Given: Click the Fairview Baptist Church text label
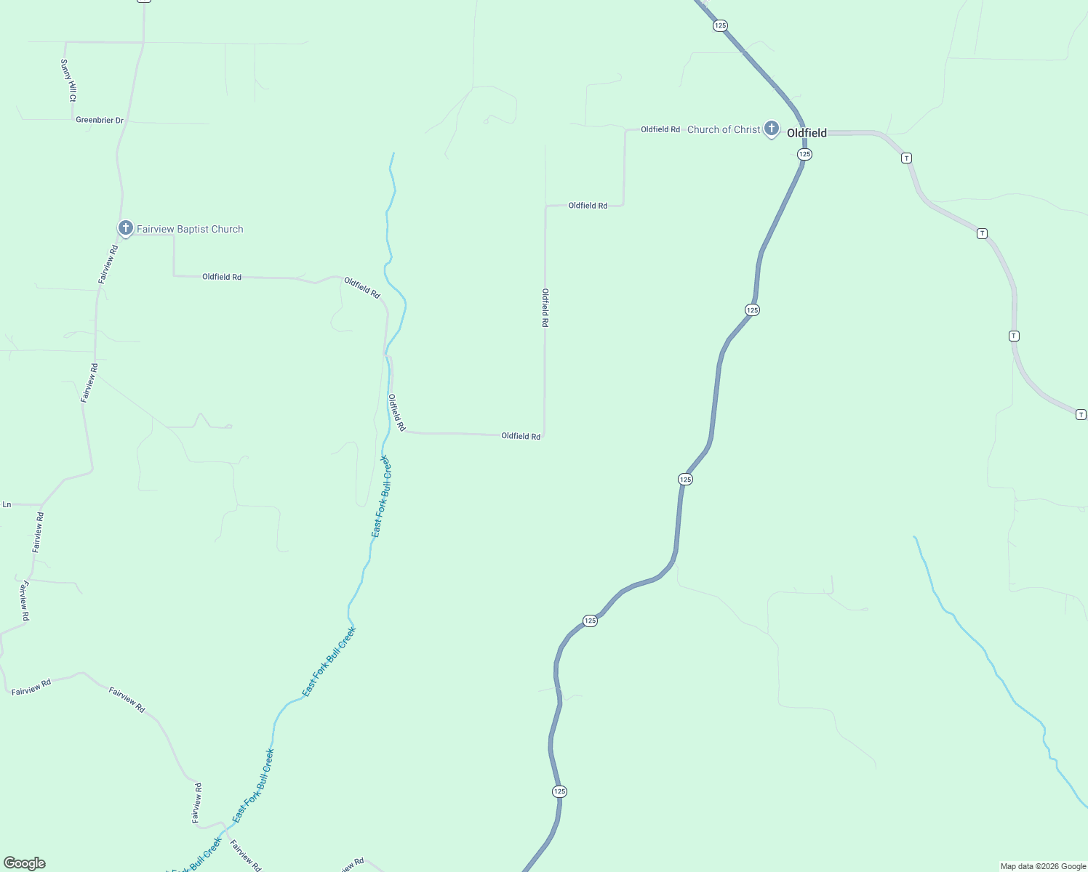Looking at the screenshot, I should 190,229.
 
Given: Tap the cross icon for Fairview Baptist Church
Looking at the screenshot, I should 126,228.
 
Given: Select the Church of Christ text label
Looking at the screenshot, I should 724,129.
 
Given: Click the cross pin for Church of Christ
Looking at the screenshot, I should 772,129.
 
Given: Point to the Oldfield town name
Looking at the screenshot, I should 807,133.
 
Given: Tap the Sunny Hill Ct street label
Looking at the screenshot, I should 68,80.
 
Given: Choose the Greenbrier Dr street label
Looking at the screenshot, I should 100,120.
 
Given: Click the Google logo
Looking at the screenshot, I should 25,863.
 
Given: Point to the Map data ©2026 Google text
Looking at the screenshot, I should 1043,866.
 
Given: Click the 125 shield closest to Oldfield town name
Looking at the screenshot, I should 804,154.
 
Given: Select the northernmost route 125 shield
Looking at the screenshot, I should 720,25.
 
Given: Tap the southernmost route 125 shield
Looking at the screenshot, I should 559,791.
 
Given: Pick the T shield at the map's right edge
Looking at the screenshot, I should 1081,414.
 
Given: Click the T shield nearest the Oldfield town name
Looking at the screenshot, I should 906,158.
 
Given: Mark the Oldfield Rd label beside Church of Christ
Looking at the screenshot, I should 660,129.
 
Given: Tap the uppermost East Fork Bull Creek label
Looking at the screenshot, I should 382,496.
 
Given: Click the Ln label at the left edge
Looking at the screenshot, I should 7,504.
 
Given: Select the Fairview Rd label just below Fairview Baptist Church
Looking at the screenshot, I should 108,264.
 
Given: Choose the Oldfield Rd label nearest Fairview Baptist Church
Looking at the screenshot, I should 222,277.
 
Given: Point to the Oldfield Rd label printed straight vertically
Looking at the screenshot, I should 545,307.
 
